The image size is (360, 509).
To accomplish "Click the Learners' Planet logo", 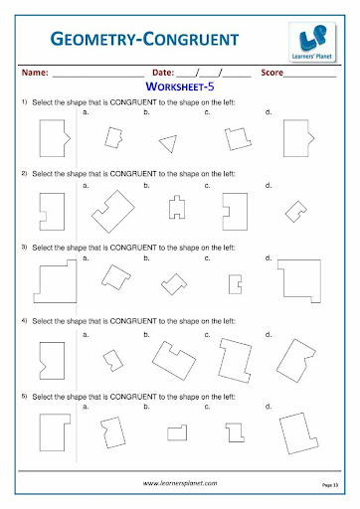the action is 312,42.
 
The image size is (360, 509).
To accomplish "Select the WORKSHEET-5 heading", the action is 180,86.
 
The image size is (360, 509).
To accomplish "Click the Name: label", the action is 35,73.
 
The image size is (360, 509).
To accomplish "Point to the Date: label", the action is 163,73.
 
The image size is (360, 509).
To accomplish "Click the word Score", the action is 272,73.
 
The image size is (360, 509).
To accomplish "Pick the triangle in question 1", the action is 168,143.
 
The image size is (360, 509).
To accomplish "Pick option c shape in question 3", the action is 230,284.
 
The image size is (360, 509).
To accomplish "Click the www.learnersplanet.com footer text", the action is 180,483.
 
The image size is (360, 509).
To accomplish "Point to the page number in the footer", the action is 330,485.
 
